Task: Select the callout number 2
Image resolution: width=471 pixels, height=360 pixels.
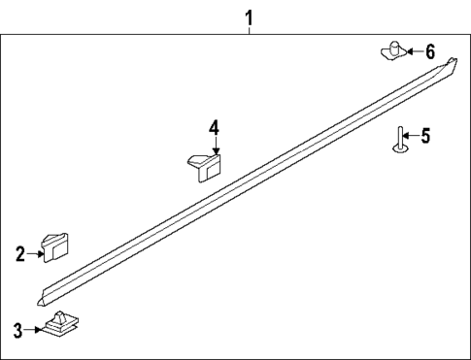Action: click(19, 253)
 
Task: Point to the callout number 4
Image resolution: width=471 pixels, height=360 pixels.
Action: click(214, 127)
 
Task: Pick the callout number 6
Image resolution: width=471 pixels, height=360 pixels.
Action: click(430, 51)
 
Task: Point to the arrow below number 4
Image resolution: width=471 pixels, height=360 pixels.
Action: click(214, 146)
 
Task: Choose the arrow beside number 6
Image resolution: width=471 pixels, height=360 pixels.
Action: click(412, 51)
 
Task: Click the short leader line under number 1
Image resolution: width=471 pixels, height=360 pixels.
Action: click(249, 30)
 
